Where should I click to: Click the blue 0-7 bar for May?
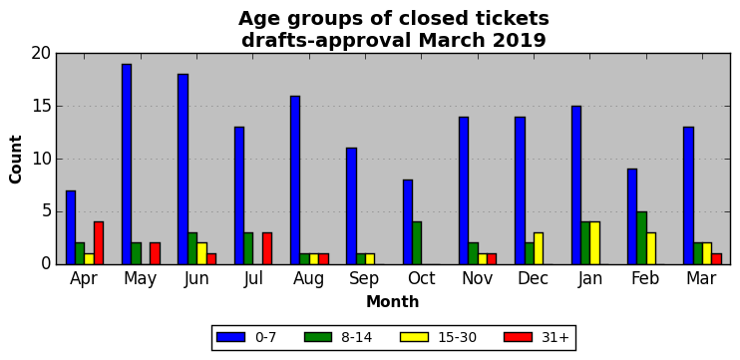(x=127, y=165)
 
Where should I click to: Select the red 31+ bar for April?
(x=99, y=243)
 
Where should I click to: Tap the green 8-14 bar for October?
(x=417, y=243)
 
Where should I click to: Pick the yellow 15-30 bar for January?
(x=594, y=243)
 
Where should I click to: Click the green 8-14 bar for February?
(x=641, y=238)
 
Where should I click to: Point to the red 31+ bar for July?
(x=267, y=248)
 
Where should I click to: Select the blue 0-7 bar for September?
(x=351, y=206)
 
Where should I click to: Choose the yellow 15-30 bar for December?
(x=539, y=248)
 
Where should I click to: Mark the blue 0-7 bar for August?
(x=295, y=180)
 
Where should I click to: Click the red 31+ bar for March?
(x=716, y=259)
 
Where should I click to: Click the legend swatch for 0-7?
(x=230, y=337)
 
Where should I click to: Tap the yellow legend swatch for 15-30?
(x=414, y=337)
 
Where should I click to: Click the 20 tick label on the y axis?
(x=41, y=53)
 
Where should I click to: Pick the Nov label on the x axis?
(x=477, y=278)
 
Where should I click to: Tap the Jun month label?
(x=196, y=278)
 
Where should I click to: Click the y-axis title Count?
(x=16, y=159)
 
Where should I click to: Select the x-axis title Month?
(x=393, y=301)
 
